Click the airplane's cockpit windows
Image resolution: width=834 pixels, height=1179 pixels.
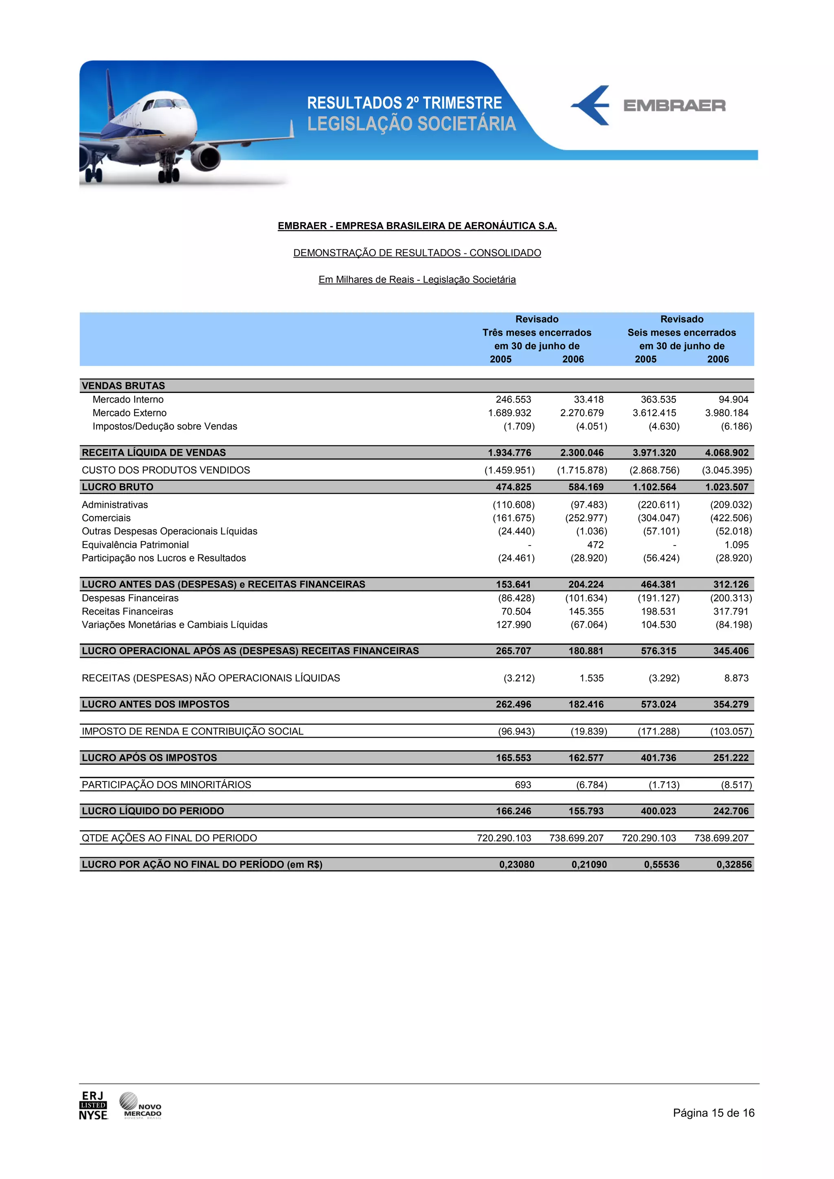click(163, 104)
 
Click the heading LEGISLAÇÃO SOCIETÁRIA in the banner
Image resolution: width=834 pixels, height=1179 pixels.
click(411, 124)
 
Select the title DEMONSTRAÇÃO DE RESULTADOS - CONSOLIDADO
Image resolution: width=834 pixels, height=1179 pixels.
click(417, 253)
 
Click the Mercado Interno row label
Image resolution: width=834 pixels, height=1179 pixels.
click(128, 400)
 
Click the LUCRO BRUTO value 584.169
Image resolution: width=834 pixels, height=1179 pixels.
click(586, 487)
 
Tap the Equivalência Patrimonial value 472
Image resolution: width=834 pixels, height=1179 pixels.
click(595, 545)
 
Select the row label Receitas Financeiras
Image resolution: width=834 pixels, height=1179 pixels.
click(127, 611)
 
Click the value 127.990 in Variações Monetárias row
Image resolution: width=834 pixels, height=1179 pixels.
click(514, 625)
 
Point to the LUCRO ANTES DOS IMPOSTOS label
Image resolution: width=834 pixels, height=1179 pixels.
click(156, 705)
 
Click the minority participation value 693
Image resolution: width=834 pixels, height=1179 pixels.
click(522, 785)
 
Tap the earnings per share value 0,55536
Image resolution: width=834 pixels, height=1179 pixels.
click(661, 865)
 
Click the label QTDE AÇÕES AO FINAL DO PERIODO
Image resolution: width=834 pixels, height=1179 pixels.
click(169, 838)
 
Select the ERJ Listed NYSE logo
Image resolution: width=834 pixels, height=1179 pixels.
click(93, 1106)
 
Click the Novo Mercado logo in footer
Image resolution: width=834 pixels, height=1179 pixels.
click(140, 1106)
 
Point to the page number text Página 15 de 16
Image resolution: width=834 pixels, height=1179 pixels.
click(713, 1113)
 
